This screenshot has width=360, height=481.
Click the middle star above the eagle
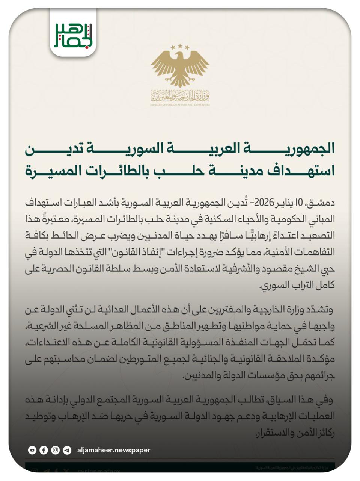point(180,46)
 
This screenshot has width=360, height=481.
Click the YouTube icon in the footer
point(32,450)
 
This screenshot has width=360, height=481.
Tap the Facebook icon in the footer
point(44,450)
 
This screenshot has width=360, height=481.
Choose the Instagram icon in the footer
point(56,450)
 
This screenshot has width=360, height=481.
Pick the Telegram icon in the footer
point(67,450)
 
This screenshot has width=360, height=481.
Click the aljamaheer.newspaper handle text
point(114,450)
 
